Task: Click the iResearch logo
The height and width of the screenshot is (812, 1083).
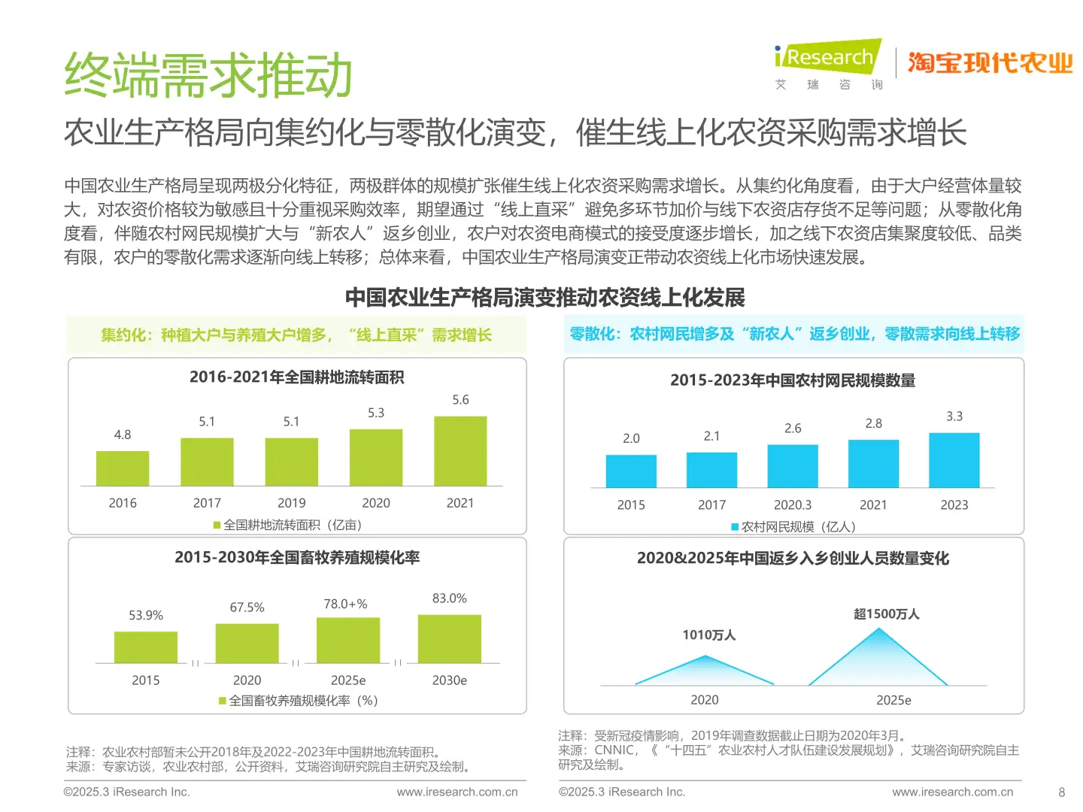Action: [x=827, y=58]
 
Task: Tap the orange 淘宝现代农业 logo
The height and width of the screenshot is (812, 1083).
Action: [x=990, y=63]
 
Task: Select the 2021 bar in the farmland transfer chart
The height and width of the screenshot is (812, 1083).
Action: [x=460, y=451]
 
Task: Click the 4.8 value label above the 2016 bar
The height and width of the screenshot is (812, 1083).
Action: [x=123, y=435]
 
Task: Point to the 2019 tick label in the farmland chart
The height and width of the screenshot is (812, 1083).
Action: [x=291, y=503]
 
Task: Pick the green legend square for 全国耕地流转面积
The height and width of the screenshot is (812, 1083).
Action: [x=217, y=525]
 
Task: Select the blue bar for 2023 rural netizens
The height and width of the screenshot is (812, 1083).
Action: [x=954, y=460]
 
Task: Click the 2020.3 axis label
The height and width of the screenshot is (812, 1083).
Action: [x=793, y=505]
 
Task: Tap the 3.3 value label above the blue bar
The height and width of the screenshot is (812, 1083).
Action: [x=954, y=417]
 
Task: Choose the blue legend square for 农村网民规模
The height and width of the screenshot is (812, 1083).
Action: [x=735, y=527]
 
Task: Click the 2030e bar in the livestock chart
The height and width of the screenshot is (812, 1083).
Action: [x=449, y=639]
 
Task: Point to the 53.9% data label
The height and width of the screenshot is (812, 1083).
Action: [x=146, y=615]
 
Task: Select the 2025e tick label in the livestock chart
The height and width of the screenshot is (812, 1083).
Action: [x=348, y=680]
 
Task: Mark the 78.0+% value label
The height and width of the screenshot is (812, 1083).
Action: [x=345, y=604]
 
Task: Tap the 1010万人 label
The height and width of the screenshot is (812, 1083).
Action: [x=708, y=635]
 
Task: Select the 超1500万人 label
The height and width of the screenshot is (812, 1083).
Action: [x=886, y=614]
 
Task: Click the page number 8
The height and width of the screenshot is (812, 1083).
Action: [x=1061, y=792]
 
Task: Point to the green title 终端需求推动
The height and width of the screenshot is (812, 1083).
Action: [x=208, y=75]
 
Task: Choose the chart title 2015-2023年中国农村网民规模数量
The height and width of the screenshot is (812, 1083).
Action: [x=793, y=380]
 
